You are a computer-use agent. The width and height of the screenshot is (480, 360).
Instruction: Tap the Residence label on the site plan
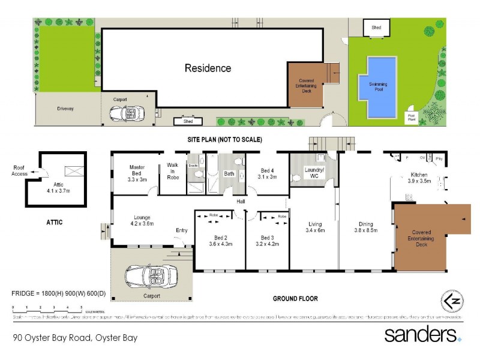[x=208, y=68]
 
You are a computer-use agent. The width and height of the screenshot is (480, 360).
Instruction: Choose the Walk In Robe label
[x=172, y=173]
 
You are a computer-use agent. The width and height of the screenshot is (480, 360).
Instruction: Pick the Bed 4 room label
[x=268, y=173]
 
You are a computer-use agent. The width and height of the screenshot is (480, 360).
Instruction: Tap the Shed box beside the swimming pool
[x=376, y=28]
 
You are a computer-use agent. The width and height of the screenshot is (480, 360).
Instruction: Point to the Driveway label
[x=65, y=109]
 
